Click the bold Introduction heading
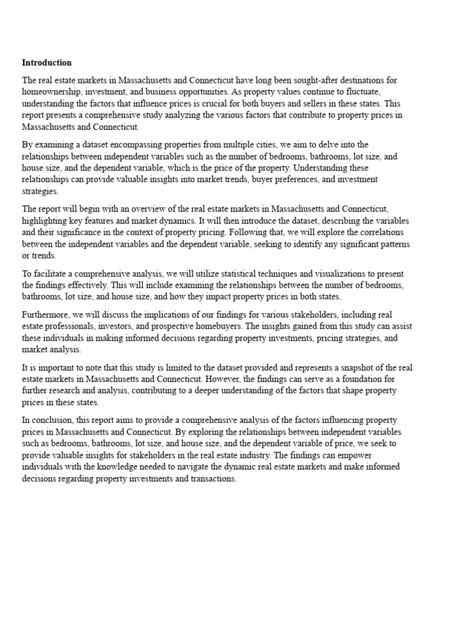tap(46, 63)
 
